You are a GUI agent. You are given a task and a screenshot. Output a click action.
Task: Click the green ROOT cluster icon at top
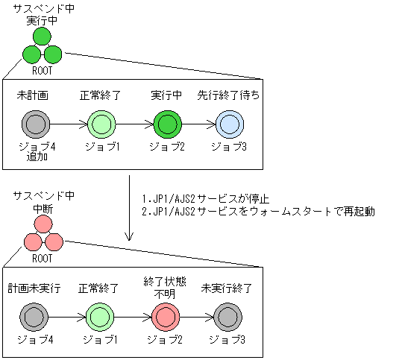tap(42, 47)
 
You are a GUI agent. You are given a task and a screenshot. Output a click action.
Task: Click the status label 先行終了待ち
tap(228, 97)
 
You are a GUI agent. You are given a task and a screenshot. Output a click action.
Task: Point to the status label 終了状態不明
tap(167, 286)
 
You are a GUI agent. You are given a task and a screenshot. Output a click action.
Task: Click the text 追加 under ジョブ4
tap(34, 157)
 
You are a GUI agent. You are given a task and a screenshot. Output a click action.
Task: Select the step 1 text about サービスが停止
tap(206, 199)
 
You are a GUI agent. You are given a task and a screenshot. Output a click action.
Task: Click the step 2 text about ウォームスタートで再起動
tap(257, 212)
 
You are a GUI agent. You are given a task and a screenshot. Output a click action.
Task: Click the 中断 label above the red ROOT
tap(43, 209)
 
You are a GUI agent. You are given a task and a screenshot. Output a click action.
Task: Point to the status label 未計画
tap(34, 97)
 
